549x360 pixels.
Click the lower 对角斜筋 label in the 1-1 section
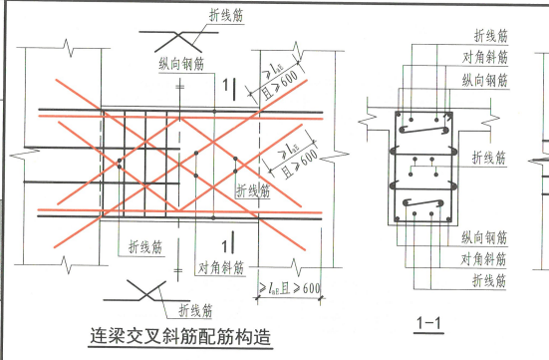[x=487, y=259]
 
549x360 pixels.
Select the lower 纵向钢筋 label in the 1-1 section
[x=487, y=238]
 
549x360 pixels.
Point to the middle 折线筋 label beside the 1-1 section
[x=488, y=157]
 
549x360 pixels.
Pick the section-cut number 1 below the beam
[x=228, y=242]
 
